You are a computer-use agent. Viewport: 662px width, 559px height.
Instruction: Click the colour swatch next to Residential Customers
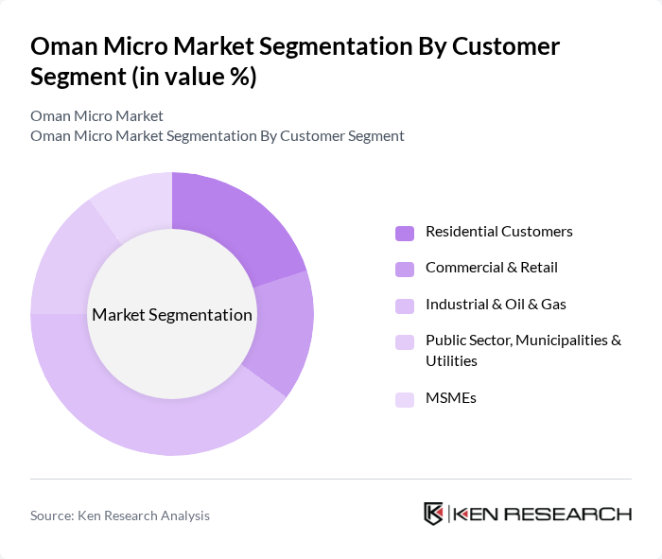point(405,233)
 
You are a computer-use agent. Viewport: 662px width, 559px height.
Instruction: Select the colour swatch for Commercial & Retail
point(405,269)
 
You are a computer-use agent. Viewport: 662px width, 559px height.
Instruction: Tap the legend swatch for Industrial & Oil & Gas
point(405,305)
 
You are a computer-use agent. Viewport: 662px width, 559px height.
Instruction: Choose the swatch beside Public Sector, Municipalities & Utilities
point(405,341)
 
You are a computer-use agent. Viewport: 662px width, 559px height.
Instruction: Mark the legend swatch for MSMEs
point(405,399)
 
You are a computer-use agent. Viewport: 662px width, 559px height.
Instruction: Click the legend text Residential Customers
point(498,232)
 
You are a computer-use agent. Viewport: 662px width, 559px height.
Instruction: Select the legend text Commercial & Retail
point(491,268)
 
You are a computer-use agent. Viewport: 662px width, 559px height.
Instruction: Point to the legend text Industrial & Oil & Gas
point(496,304)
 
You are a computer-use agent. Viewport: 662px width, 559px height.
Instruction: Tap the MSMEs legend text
point(450,398)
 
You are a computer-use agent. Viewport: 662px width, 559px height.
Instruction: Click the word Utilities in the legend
point(451,361)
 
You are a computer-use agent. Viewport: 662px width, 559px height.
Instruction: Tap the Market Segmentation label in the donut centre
point(172,315)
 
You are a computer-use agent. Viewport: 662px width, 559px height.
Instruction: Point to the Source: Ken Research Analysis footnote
point(120,515)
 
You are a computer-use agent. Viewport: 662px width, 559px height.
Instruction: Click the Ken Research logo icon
point(434,514)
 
